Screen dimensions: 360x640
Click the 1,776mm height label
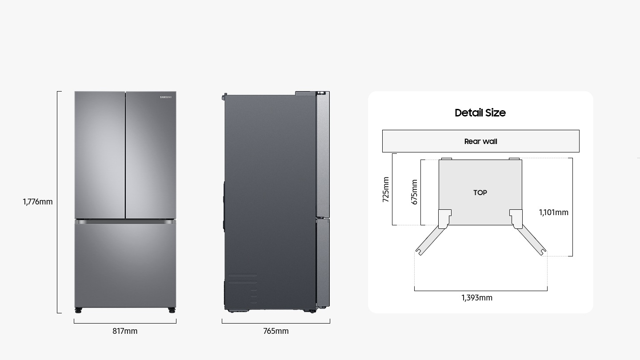coord(38,202)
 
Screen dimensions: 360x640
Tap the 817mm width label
coord(125,331)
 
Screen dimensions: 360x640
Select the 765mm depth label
coord(276,331)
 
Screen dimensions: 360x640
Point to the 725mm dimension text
coord(385,189)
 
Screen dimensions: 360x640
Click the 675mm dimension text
coord(414,192)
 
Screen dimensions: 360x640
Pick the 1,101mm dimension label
coord(553,212)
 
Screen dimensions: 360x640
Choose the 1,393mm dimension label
coord(477,298)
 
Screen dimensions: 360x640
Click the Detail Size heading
coord(480,113)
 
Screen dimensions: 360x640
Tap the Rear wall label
coord(480,141)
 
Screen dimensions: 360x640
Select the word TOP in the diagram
coord(480,192)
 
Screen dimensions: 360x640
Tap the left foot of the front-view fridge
coord(79,309)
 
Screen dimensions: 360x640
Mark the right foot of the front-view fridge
coord(172,309)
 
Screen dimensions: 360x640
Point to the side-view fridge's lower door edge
coord(323,262)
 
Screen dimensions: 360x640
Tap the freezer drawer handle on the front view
coord(125,221)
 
